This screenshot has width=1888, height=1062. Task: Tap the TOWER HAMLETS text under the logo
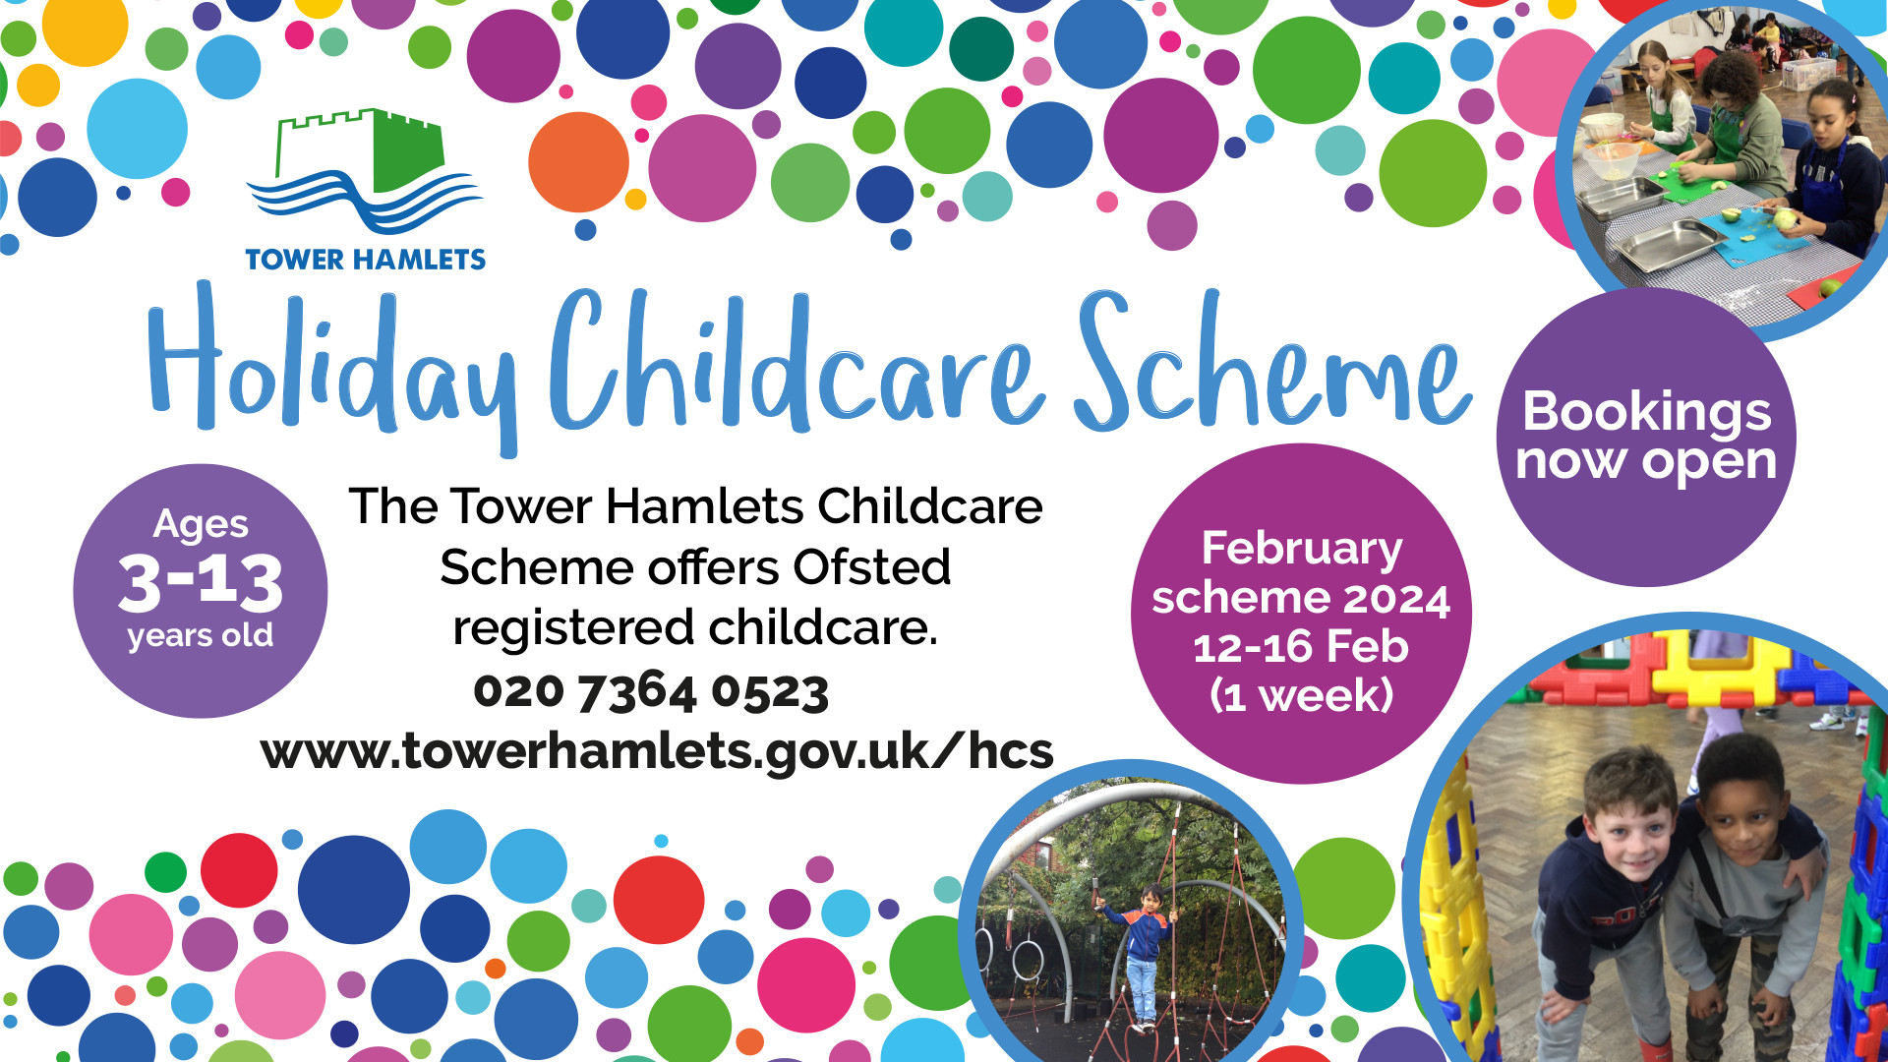point(366,260)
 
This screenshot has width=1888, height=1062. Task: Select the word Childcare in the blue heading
point(796,364)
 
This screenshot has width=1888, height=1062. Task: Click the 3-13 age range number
point(201,581)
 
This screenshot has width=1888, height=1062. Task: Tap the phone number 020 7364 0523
point(651,691)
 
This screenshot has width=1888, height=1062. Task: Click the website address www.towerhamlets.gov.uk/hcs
point(657,752)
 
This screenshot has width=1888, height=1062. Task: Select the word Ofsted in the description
point(872,567)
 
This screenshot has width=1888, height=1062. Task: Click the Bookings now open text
point(1647,437)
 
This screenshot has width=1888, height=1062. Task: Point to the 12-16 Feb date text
point(1301,647)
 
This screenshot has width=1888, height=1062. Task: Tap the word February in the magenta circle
point(1302,549)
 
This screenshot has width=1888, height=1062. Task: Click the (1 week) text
point(1302,696)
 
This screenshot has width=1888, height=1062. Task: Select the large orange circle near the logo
point(578,162)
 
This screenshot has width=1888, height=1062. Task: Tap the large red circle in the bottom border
point(659,901)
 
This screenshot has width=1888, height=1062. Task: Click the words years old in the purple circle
point(201,637)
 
